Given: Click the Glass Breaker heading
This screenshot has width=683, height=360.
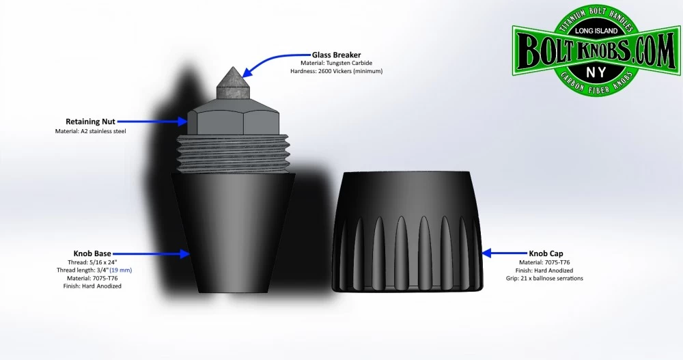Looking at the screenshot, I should [x=337, y=55].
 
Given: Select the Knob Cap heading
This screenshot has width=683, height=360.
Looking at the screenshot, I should [x=546, y=253].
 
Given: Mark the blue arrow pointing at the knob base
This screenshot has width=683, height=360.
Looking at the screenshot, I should [x=161, y=253].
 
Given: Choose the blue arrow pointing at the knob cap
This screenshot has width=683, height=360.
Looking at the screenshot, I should [x=505, y=253].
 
